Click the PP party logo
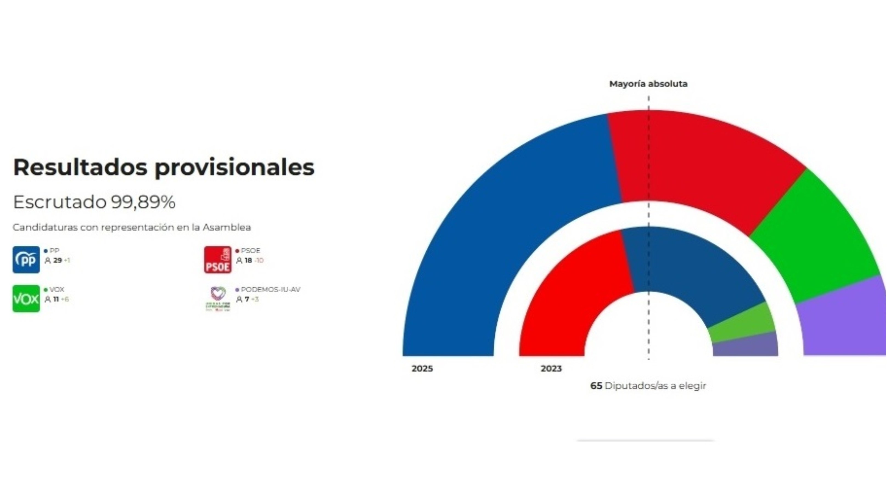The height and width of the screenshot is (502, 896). tap(26, 260)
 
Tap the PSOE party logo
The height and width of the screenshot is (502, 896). tap(218, 260)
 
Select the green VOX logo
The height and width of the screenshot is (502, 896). tap(26, 299)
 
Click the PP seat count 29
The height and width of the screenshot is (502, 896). tap(57, 260)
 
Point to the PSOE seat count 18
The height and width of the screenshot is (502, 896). tap(248, 260)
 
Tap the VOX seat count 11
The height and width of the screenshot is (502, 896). tap(56, 299)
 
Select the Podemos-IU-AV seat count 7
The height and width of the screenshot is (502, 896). tap(247, 299)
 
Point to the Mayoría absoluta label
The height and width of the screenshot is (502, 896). tap(648, 84)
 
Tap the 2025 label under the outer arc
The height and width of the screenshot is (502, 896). tap(422, 368)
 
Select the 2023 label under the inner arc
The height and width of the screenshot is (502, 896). tap(551, 368)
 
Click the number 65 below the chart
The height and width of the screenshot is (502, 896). tap(596, 386)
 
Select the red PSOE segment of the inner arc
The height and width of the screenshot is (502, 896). tap(570, 295)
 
